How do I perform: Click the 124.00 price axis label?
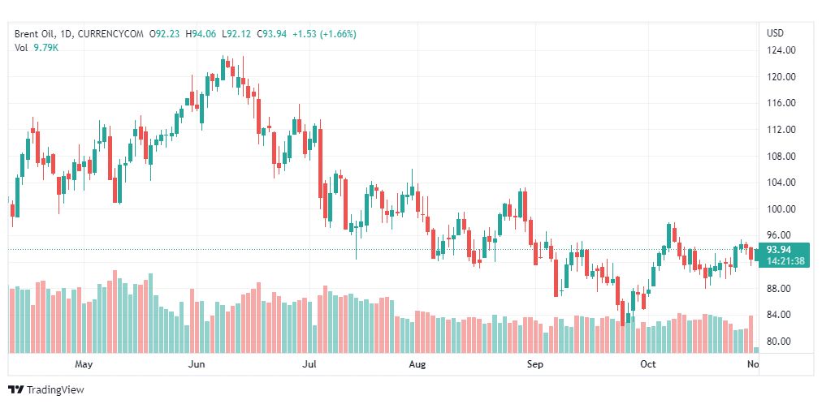781,50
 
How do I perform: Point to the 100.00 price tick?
781,209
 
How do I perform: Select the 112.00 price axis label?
781,130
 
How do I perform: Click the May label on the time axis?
84,365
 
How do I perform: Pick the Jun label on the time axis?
196,365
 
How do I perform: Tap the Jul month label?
309,365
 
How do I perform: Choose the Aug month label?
417,365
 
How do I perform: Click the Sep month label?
534,365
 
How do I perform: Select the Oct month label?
647,365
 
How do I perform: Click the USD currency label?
775,33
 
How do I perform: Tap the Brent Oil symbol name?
35,34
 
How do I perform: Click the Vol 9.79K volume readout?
37,48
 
